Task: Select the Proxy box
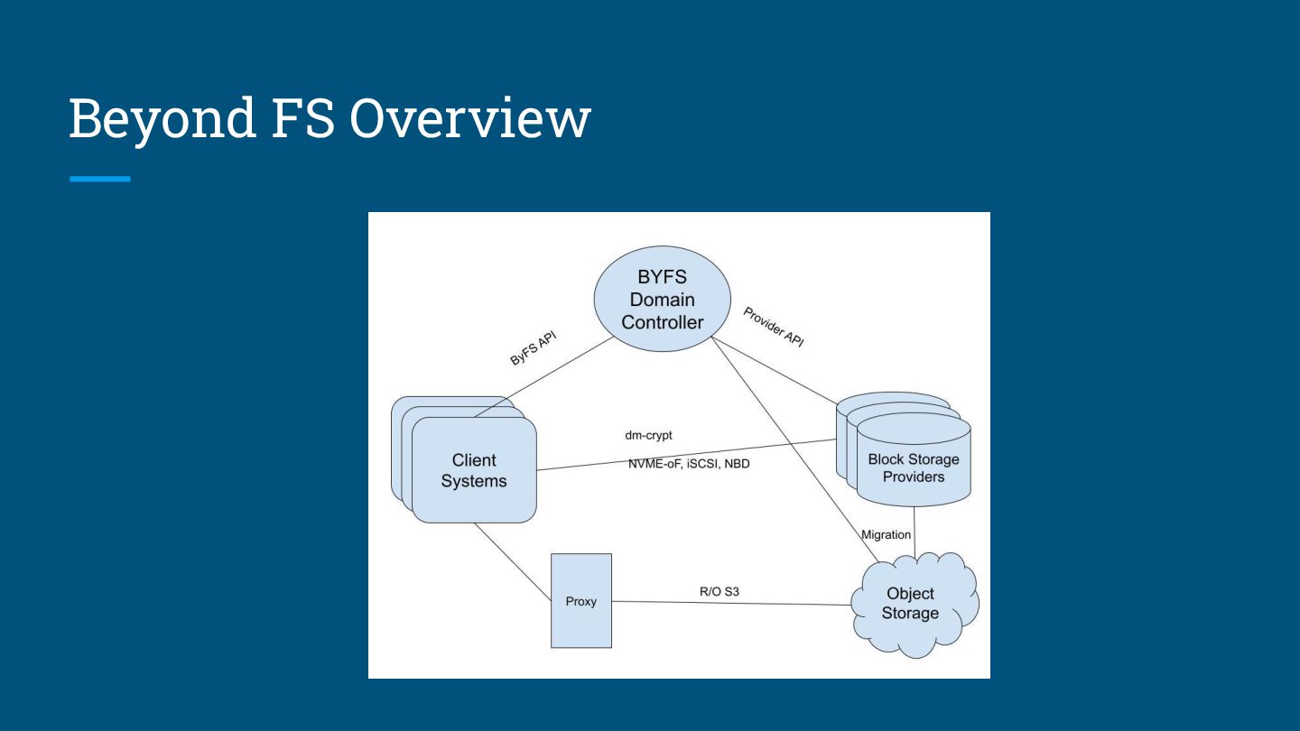tap(581, 601)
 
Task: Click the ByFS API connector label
tap(534, 347)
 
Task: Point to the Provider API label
tap(774, 327)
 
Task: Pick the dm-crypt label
tap(648, 435)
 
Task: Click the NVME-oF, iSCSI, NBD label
tap(689, 464)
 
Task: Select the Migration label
tap(887, 534)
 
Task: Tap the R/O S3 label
tap(720, 592)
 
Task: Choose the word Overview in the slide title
tap(469, 118)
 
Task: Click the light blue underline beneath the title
tap(99, 180)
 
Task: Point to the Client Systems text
tap(474, 470)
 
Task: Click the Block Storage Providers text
tap(914, 467)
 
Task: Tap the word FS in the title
tap(302, 118)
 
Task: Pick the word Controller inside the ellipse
tap(662, 322)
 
